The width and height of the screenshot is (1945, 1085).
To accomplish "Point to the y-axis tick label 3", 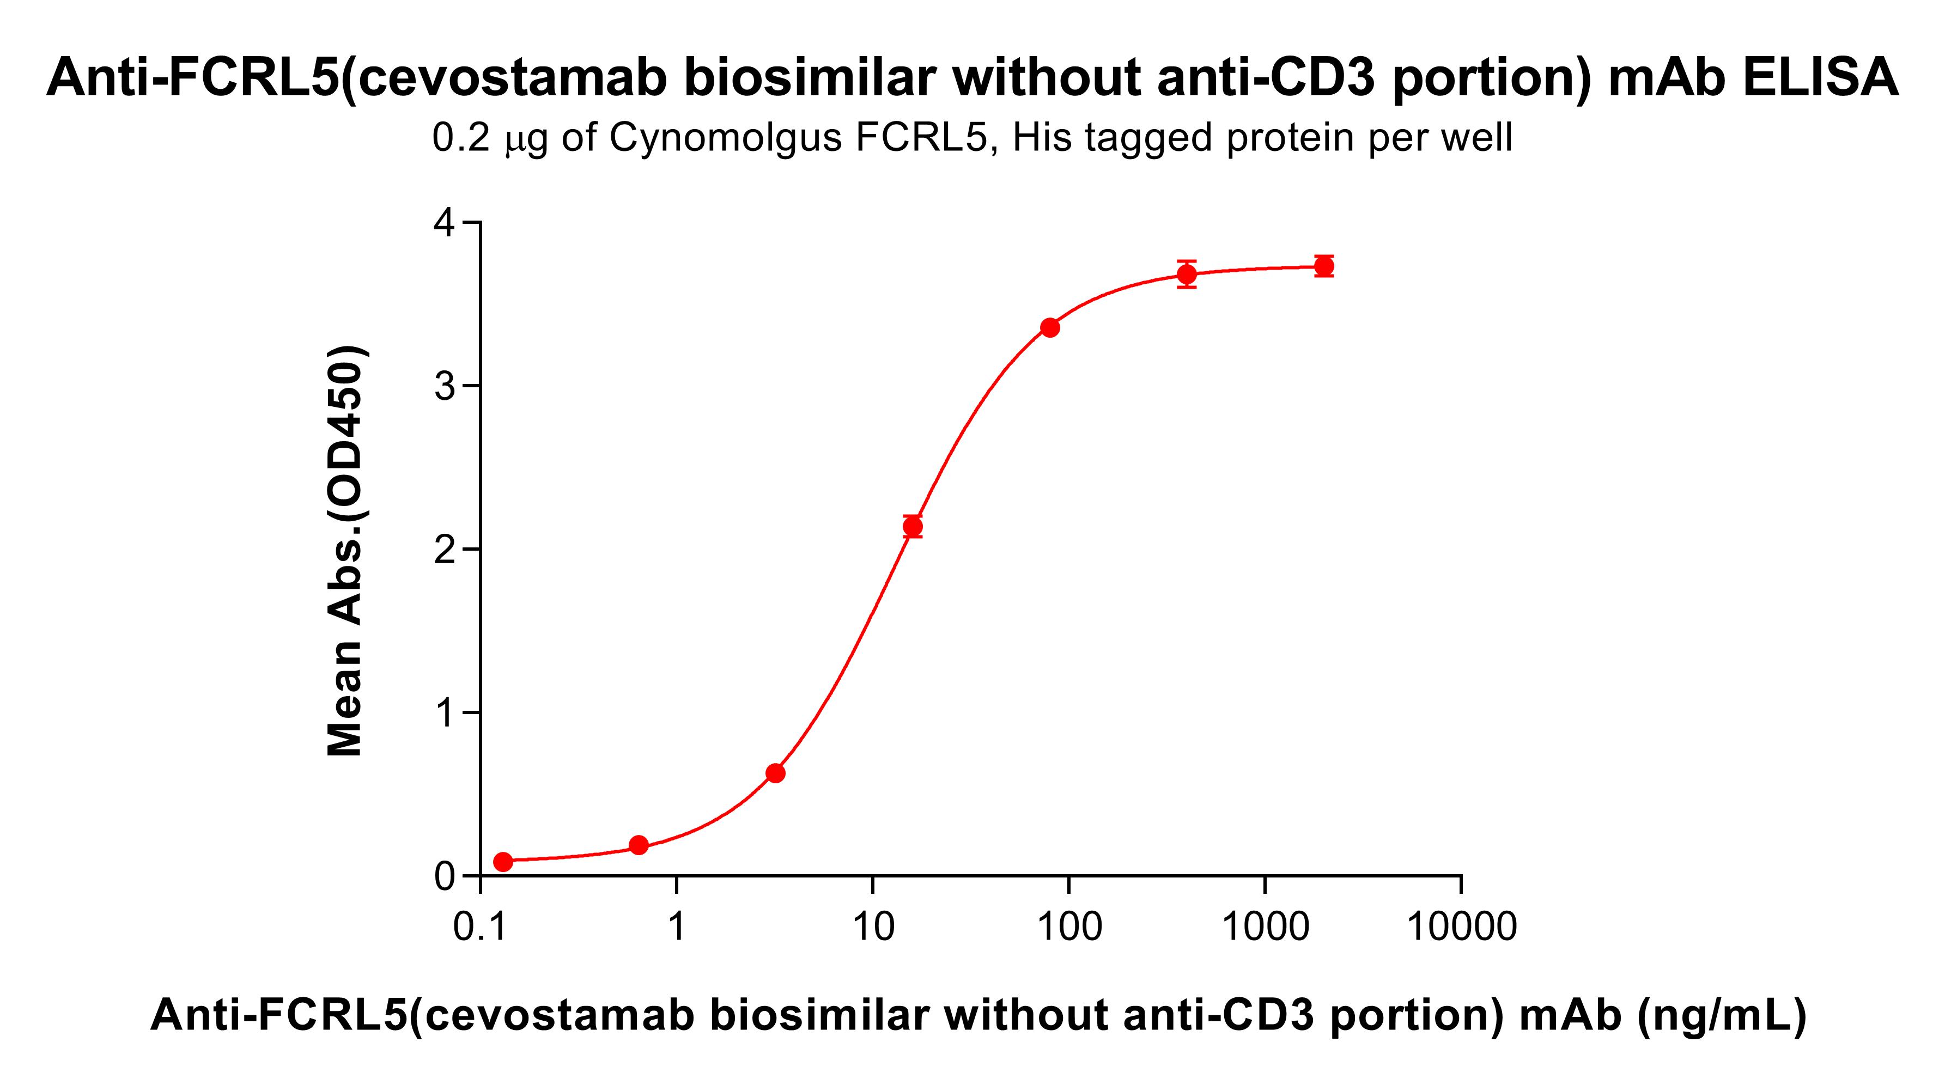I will pos(446,387).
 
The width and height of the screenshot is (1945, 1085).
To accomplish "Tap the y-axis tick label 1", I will pos(446,713).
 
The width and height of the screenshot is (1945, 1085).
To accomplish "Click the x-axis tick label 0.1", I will pos(480,926).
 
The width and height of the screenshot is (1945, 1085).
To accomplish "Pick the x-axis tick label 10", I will pos(873,926).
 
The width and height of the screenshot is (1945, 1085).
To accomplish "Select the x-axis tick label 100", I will pos(1069,926).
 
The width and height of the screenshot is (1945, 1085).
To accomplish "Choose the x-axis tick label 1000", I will pos(1266,926).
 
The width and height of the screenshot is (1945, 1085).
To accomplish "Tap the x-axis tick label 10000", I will pos(1462,926).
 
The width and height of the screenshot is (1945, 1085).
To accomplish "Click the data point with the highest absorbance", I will pos(1323,266).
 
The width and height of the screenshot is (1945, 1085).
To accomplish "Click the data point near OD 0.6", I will pos(775,773).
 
